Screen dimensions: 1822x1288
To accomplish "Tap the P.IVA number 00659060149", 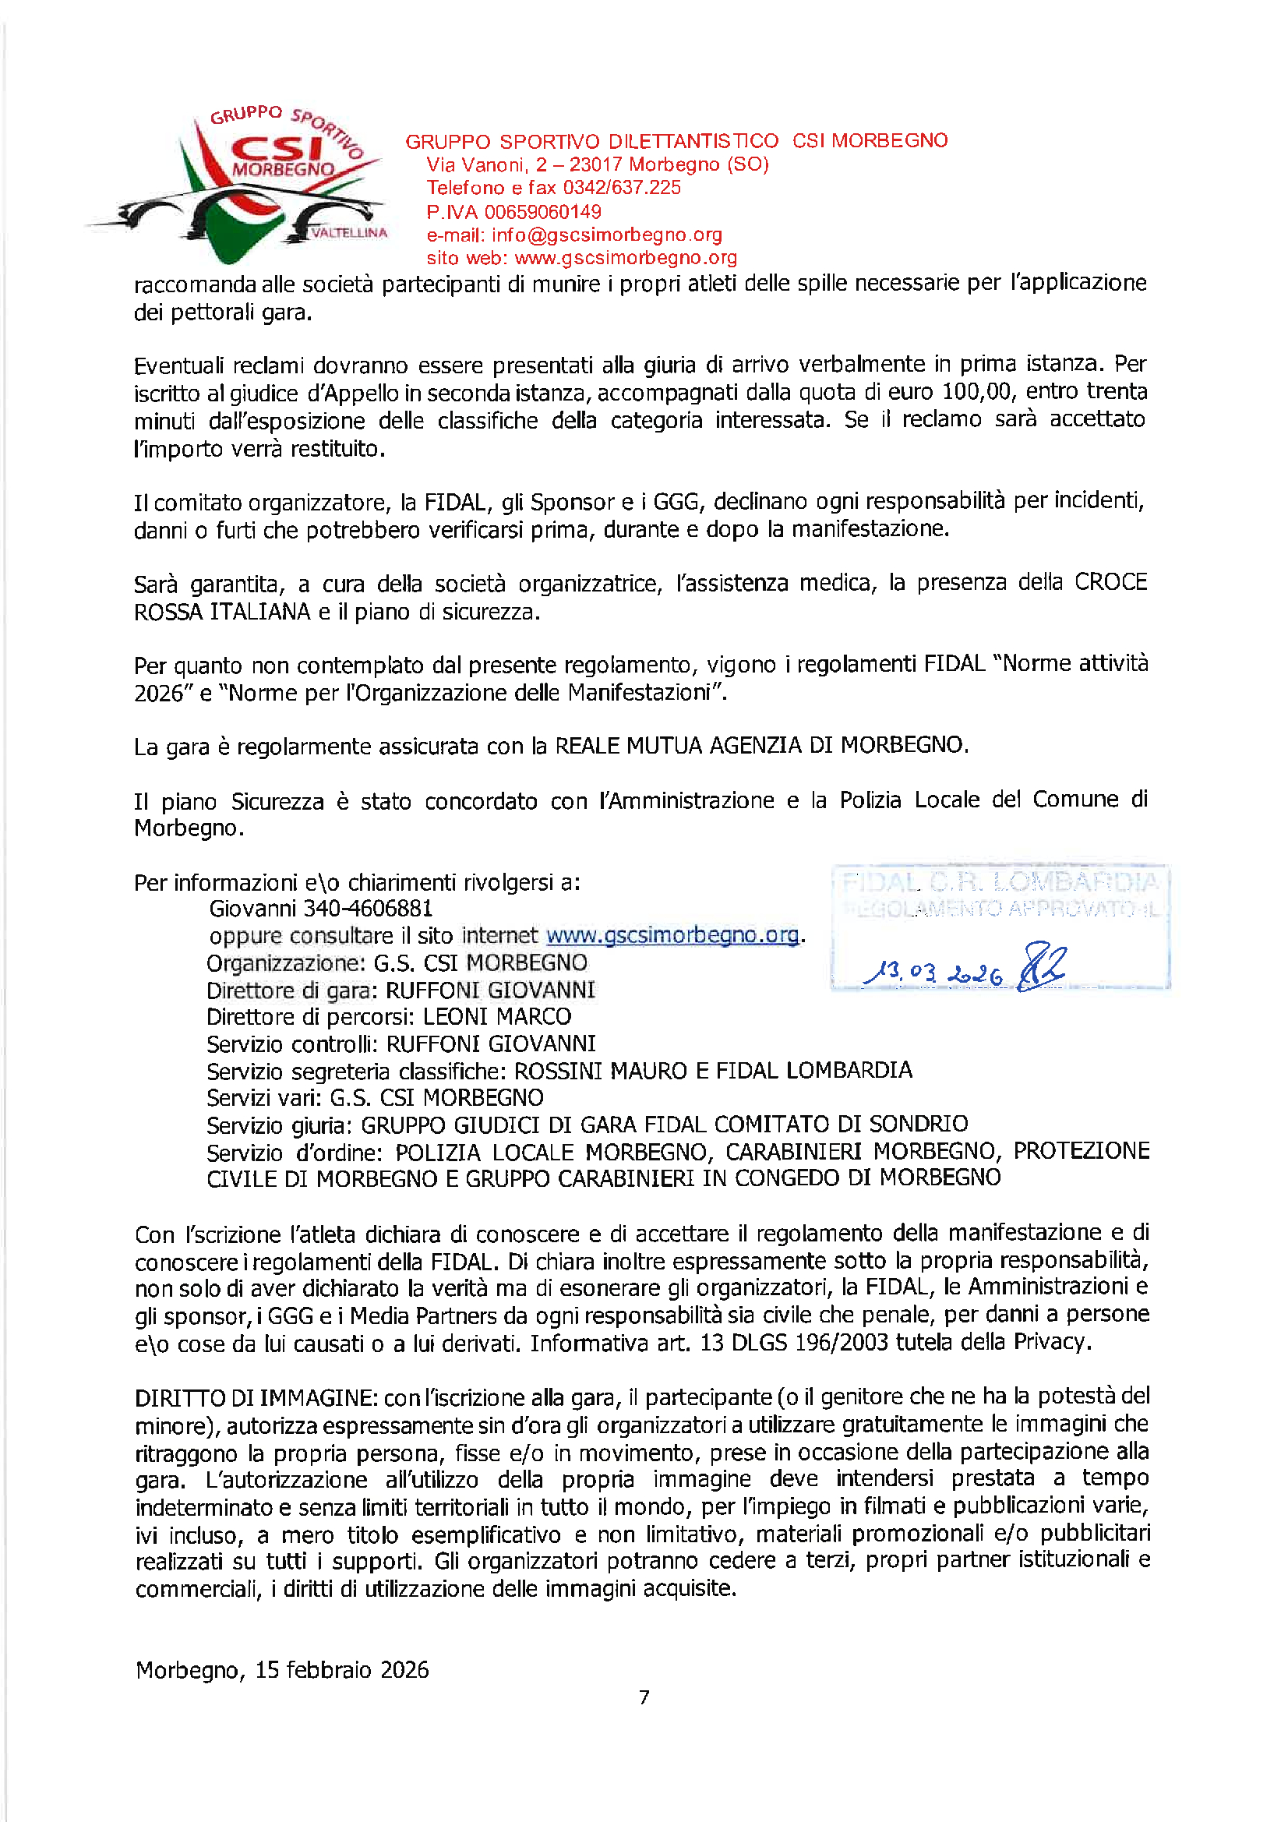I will click(x=542, y=212).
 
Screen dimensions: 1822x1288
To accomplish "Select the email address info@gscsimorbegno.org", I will click(x=606, y=235).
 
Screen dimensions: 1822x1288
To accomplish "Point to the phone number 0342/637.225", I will click(x=621, y=188).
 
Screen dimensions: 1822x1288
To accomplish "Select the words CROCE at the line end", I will click(x=1110, y=582).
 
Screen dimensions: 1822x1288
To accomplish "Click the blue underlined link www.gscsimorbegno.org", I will click(x=672, y=936).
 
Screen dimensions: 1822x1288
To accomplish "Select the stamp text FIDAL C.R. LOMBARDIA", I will click(x=1000, y=881).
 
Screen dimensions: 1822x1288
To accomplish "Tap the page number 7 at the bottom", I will click(x=644, y=1697).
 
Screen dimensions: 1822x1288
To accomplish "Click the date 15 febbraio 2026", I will click(x=341, y=1669).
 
